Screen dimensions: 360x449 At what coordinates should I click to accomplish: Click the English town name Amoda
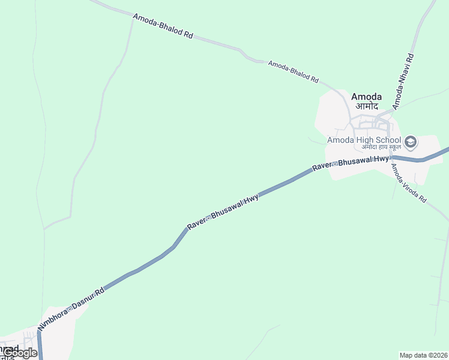[366, 97]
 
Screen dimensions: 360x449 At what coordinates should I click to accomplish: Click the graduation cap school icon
[411, 142]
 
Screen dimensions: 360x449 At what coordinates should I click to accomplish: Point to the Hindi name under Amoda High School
[381, 148]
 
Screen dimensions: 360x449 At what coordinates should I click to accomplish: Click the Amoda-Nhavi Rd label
[403, 82]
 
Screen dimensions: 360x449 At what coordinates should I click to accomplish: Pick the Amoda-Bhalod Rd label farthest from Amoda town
[163, 27]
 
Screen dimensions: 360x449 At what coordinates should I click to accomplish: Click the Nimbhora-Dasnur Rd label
[71, 308]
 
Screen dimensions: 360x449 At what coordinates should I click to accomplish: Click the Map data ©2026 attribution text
[423, 355]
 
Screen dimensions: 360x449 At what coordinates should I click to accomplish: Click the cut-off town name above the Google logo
[9, 348]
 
